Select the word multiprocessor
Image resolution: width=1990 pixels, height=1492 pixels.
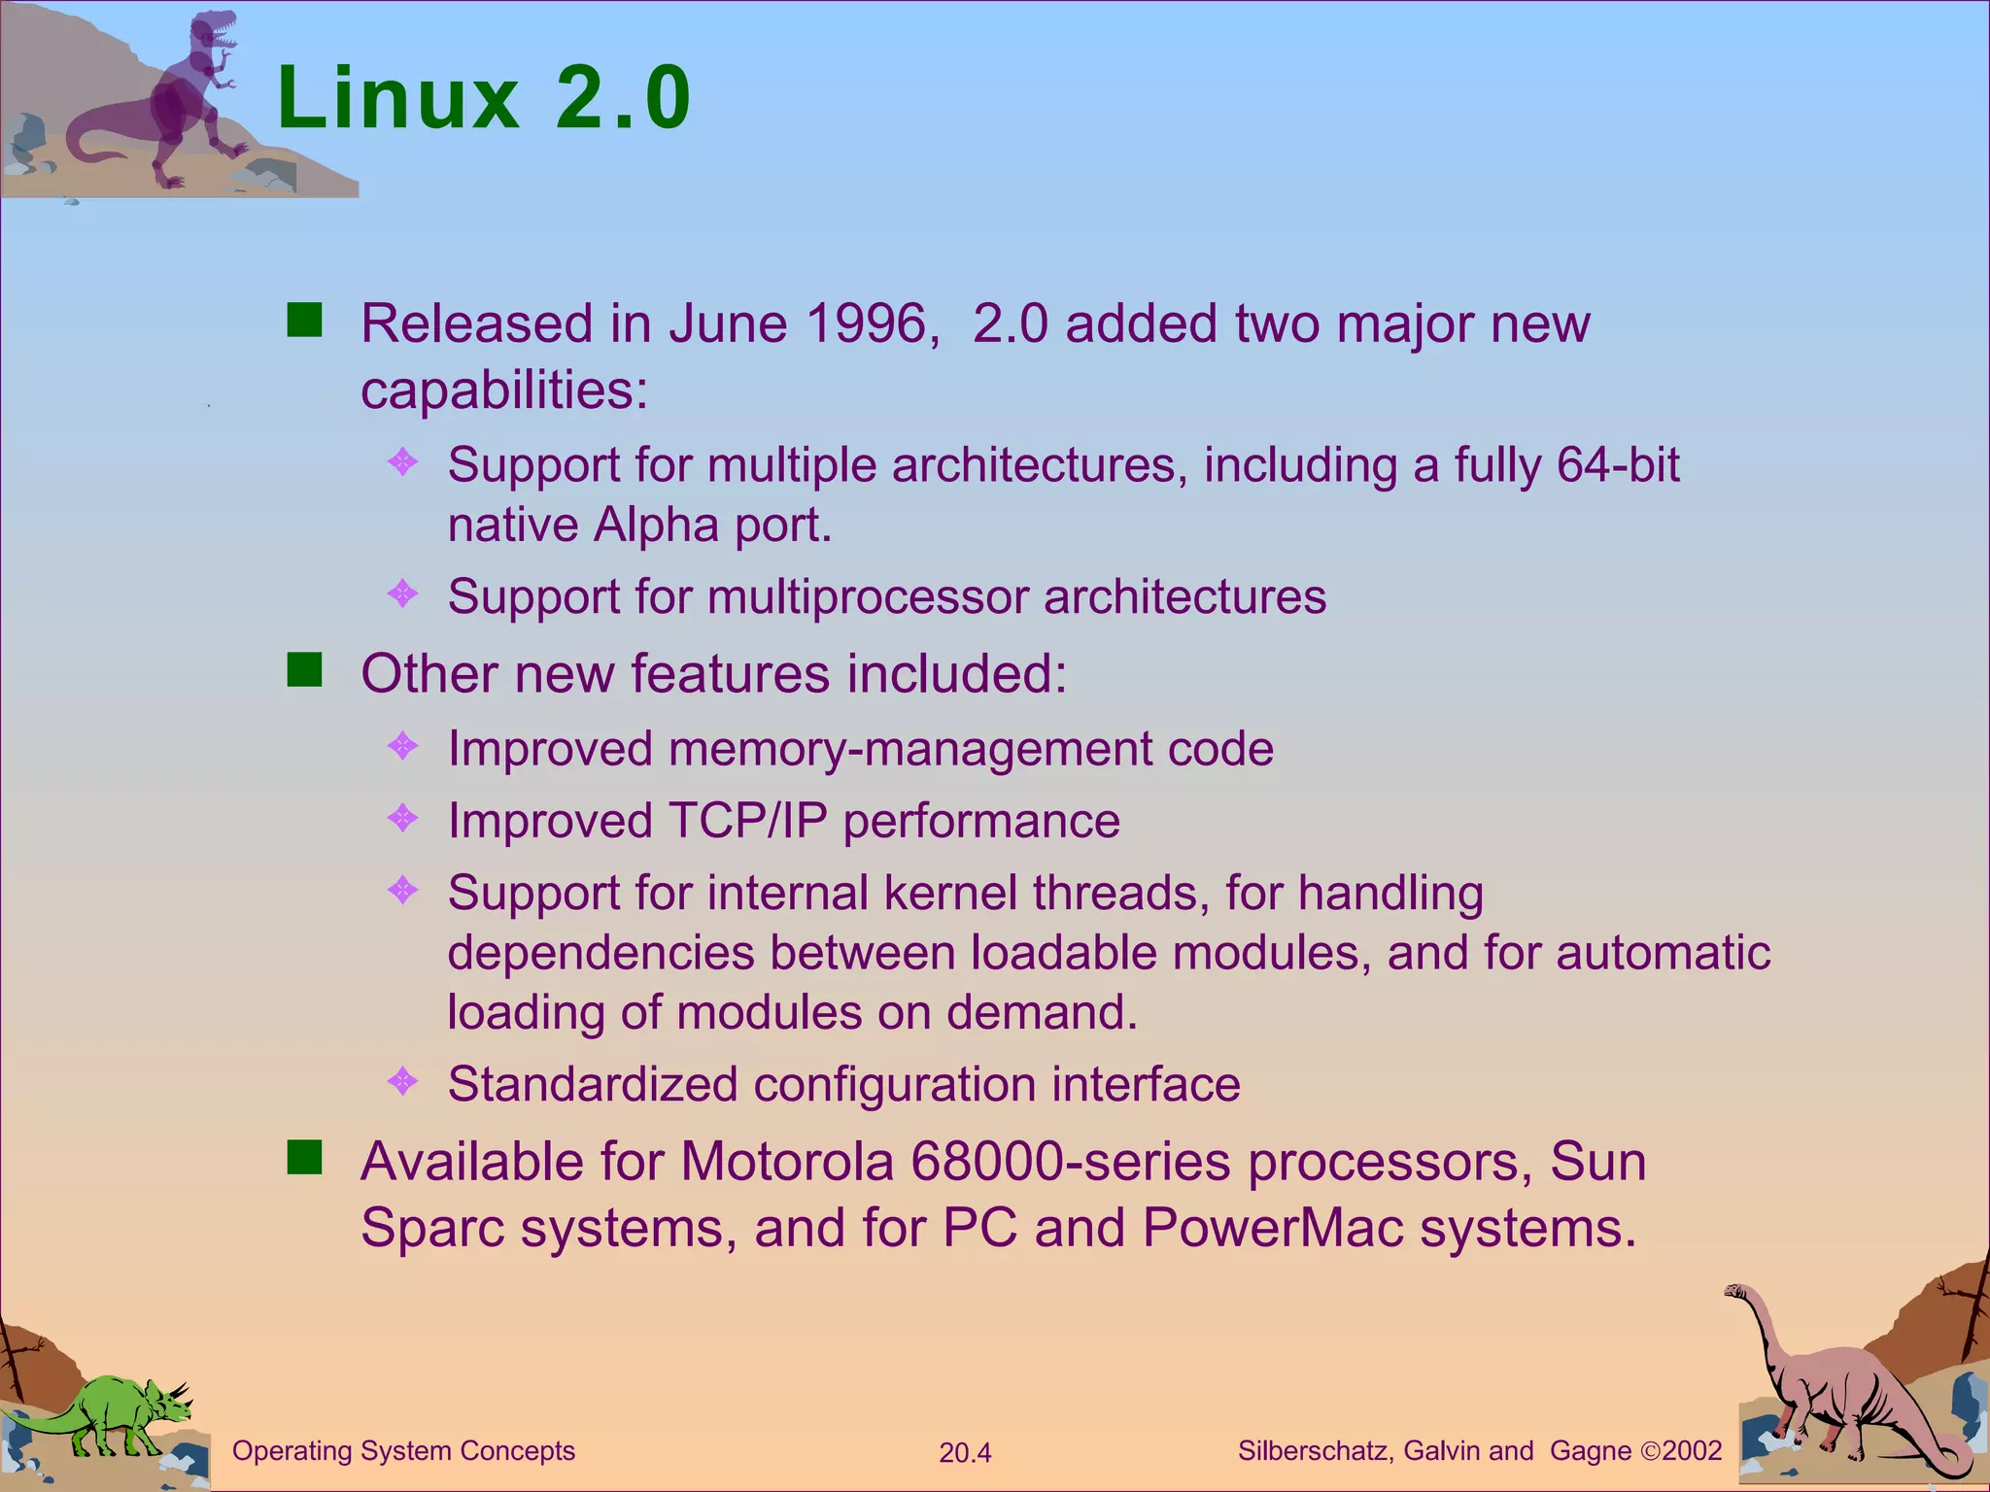pos(868,596)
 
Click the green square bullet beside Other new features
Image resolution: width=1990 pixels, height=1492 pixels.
pos(305,669)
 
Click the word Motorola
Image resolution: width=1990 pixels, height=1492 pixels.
pos(787,1162)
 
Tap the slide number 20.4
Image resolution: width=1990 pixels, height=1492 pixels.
pos(965,1453)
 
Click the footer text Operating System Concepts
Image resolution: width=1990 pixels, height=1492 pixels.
pos(403,1451)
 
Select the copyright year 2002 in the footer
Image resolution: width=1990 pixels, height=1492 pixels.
pos(1692,1451)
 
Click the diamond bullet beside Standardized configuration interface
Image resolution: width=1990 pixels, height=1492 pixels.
pos(402,1080)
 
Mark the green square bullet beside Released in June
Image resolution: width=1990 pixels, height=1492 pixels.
pos(305,320)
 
